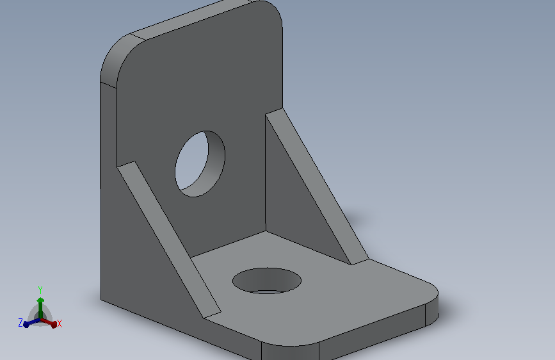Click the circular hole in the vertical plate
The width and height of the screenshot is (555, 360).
tap(200, 164)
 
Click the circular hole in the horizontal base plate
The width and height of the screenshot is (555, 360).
tap(267, 281)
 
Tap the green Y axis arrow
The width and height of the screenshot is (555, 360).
tap(40, 307)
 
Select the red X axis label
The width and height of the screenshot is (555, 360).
tap(59, 323)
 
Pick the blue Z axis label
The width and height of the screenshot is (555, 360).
tap(20, 323)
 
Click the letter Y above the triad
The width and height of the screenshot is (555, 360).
tap(40, 290)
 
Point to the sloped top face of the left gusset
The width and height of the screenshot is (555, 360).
tap(169, 240)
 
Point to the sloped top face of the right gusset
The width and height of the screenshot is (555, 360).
tap(317, 186)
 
